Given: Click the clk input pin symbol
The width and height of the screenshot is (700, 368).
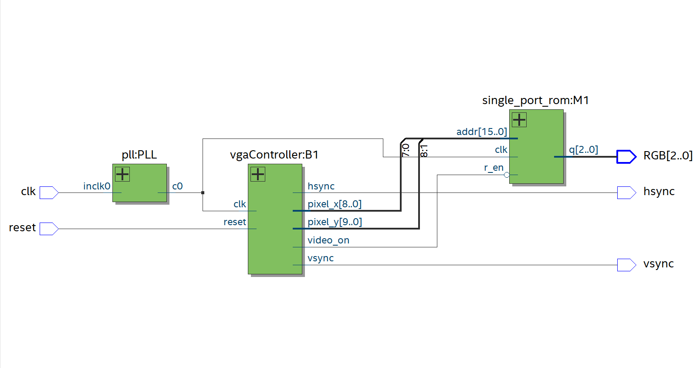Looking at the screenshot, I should (x=49, y=192).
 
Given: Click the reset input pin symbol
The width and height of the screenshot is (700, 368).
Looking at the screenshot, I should (x=49, y=229).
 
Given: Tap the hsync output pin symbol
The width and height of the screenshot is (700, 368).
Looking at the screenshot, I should (x=626, y=192).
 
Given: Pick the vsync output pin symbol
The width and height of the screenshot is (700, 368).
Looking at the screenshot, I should (x=626, y=265).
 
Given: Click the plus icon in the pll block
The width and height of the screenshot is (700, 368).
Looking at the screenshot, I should (x=122, y=174).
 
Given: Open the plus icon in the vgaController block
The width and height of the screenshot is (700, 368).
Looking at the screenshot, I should (x=258, y=174).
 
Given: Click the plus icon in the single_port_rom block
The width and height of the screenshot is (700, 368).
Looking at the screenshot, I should (x=519, y=120).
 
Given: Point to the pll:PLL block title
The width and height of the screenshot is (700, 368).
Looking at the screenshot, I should (x=139, y=155).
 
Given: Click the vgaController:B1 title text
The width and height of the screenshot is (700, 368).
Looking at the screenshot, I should (x=274, y=155).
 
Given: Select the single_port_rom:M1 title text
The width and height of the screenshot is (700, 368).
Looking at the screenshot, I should (x=535, y=100).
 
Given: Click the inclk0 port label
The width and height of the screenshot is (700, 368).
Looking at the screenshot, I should (x=97, y=186).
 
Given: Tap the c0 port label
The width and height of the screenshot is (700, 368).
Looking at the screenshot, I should (x=177, y=186).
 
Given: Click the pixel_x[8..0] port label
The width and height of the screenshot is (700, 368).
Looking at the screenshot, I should (x=335, y=204).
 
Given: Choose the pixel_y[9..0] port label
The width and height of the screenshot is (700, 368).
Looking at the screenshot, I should (x=335, y=222).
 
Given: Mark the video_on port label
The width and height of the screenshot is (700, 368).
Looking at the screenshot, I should (x=328, y=240).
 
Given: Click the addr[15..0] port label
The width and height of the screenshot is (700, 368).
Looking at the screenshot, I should (x=481, y=132).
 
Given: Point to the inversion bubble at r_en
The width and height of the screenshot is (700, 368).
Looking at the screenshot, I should (x=507, y=175).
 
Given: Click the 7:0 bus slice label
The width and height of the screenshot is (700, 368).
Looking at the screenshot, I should (x=406, y=150).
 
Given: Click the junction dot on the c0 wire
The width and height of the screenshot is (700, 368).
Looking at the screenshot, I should (x=203, y=192).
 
